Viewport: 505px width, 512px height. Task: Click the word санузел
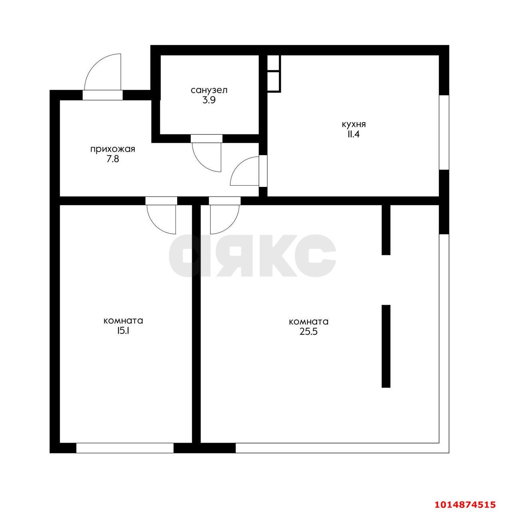[x=209, y=90]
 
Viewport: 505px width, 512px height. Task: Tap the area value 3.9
[x=209, y=100]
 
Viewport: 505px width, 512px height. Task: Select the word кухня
[x=353, y=124]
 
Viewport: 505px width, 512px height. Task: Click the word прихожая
[x=113, y=150]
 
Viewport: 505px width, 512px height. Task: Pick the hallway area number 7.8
[x=113, y=160]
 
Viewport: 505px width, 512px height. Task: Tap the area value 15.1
[x=123, y=331]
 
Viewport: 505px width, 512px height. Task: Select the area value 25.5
[x=308, y=332]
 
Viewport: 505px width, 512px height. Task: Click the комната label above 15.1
[x=123, y=321]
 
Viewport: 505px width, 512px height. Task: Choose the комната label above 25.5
[x=308, y=322]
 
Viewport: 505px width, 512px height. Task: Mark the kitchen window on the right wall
[x=444, y=132]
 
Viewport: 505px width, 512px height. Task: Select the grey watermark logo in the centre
[x=252, y=255]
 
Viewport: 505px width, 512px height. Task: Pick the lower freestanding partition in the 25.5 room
[x=386, y=346]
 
